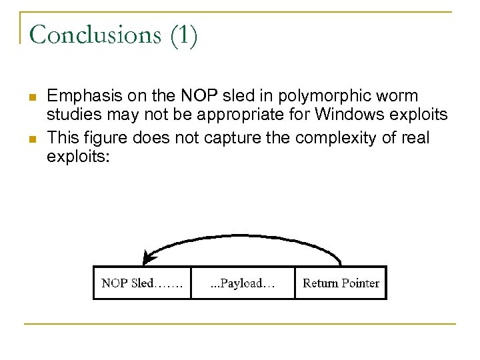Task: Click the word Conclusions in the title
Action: [91, 35]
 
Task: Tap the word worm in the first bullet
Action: [399, 96]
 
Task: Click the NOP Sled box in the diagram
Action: [141, 283]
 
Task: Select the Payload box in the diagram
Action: [243, 283]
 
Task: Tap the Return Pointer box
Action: [341, 283]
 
